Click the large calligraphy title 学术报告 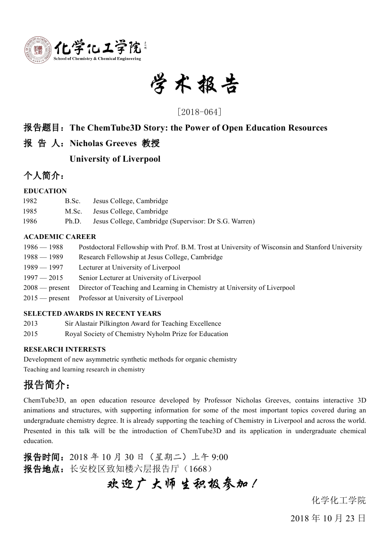[x=195, y=85]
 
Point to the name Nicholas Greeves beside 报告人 [x=103, y=143]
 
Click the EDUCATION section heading [x=45, y=191]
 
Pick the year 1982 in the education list [x=30, y=201]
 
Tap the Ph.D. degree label [x=73, y=221]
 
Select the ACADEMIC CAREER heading [x=60, y=237]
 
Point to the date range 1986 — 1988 [x=43, y=247]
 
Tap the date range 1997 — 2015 [x=43, y=278]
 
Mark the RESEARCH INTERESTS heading [x=65, y=349]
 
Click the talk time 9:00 [x=220, y=457]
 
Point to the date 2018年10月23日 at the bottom [x=328, y=518]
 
